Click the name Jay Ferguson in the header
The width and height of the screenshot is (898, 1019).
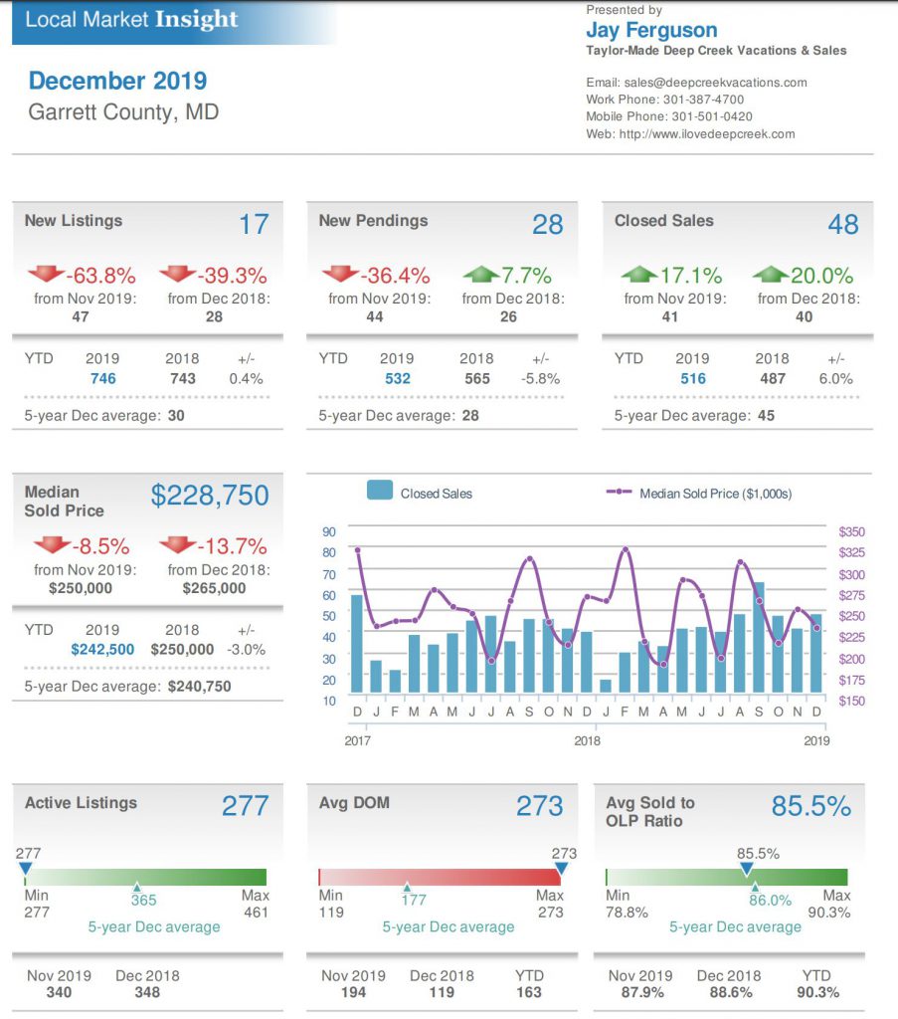pyautogui.click(x=651, y=30)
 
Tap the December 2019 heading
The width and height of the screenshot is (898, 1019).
pyautogui.click(x=117, y=81)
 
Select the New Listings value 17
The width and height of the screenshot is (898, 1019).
pyautogui.click(x=254, y=224)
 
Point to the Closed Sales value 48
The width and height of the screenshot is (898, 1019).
pyautogui.click(x=842, y=224)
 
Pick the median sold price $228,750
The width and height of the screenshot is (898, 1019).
pyautogui.click(x=210, y=495)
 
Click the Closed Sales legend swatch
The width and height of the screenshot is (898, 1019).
pyautogui.click(x=380, y=492)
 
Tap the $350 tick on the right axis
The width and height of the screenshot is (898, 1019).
pyautogui.click(x=851, y=532)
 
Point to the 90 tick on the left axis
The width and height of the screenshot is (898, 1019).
pyautogui.click(x=329, y=532)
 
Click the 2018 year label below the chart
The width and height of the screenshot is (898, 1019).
pyautogui.click(x=587, y=740)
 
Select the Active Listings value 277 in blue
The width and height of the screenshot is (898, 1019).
pyautogui.click(x=245, y=805)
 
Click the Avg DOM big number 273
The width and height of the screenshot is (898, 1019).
pyautogui.click(x=539, y=805)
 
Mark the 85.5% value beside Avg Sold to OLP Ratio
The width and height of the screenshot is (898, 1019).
pyautogui.click(x=811, y=806)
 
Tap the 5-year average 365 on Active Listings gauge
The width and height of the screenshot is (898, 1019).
pyautogui.click(x=144, y=900)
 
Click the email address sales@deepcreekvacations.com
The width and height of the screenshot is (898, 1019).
pyautogui.click(x=714, y=83)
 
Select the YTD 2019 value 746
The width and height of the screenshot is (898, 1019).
pyautogui.click(x=102, y=378)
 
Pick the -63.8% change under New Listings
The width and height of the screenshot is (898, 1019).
pyautogui.click(x=100, y=276)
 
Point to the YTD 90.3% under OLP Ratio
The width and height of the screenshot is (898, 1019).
pyautogui.click(x=819, y=992)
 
